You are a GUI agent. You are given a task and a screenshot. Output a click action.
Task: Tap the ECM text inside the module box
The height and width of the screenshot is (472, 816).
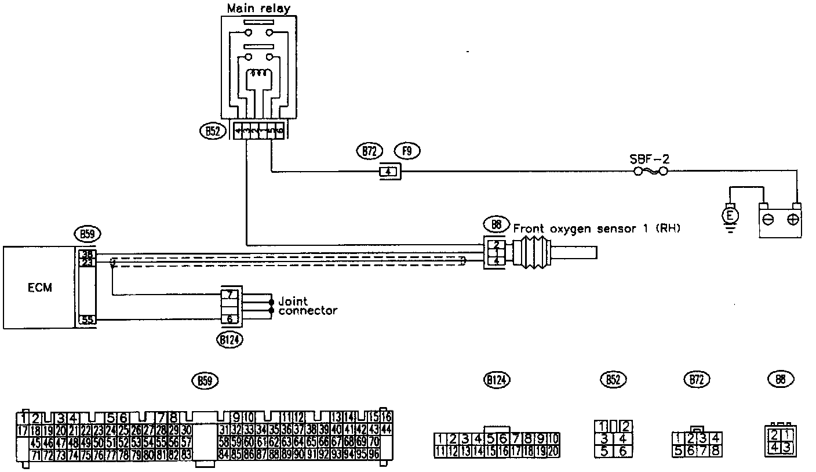(x=39, y=288)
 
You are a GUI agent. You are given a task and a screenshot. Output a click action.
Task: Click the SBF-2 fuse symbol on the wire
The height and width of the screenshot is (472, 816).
(x=649, y=172)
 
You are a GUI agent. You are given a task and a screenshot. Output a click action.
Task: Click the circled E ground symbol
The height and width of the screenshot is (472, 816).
(x=731, y=216)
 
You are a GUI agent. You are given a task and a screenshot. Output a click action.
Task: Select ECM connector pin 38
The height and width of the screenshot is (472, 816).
(x=86, y=254)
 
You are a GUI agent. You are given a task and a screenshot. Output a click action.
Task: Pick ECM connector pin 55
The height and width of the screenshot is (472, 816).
(x=86, y=319)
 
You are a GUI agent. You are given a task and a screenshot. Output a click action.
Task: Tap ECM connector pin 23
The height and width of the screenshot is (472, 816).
(x=86, y=263)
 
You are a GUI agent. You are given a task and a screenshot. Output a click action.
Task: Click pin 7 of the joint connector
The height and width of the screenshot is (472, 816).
(x=230, y=294)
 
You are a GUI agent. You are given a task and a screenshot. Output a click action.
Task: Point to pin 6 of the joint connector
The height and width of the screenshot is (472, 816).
(x=230, y=319)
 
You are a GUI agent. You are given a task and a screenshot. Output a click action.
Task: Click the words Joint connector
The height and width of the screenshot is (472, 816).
(x=307, y=306)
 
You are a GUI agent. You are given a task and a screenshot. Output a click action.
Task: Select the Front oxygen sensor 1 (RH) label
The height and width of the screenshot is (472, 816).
(x=598, y=228)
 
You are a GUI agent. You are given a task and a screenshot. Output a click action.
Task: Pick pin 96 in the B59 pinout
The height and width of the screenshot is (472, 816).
(x=373, y=455)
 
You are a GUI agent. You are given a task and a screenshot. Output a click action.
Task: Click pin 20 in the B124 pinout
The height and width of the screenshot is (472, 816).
(x=553, y=450)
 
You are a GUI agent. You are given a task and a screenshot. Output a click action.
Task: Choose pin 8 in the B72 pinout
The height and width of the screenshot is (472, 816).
(x=716, y=449)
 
